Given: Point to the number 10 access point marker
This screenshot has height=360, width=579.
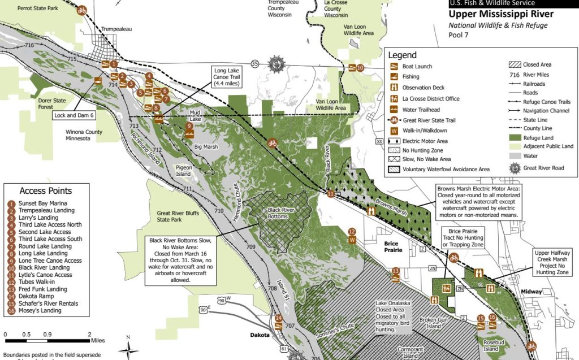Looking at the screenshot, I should (x=360, y=68).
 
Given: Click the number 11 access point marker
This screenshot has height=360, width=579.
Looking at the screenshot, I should (x=331, y=194).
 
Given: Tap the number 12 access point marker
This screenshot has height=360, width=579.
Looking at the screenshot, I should (x=352, y=231).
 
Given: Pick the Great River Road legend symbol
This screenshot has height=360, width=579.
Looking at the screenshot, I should (x=516, y=167).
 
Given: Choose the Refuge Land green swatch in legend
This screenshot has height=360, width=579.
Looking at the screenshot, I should (x=516, y=137).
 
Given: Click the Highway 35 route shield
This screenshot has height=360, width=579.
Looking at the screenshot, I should (x=255, y=63).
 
